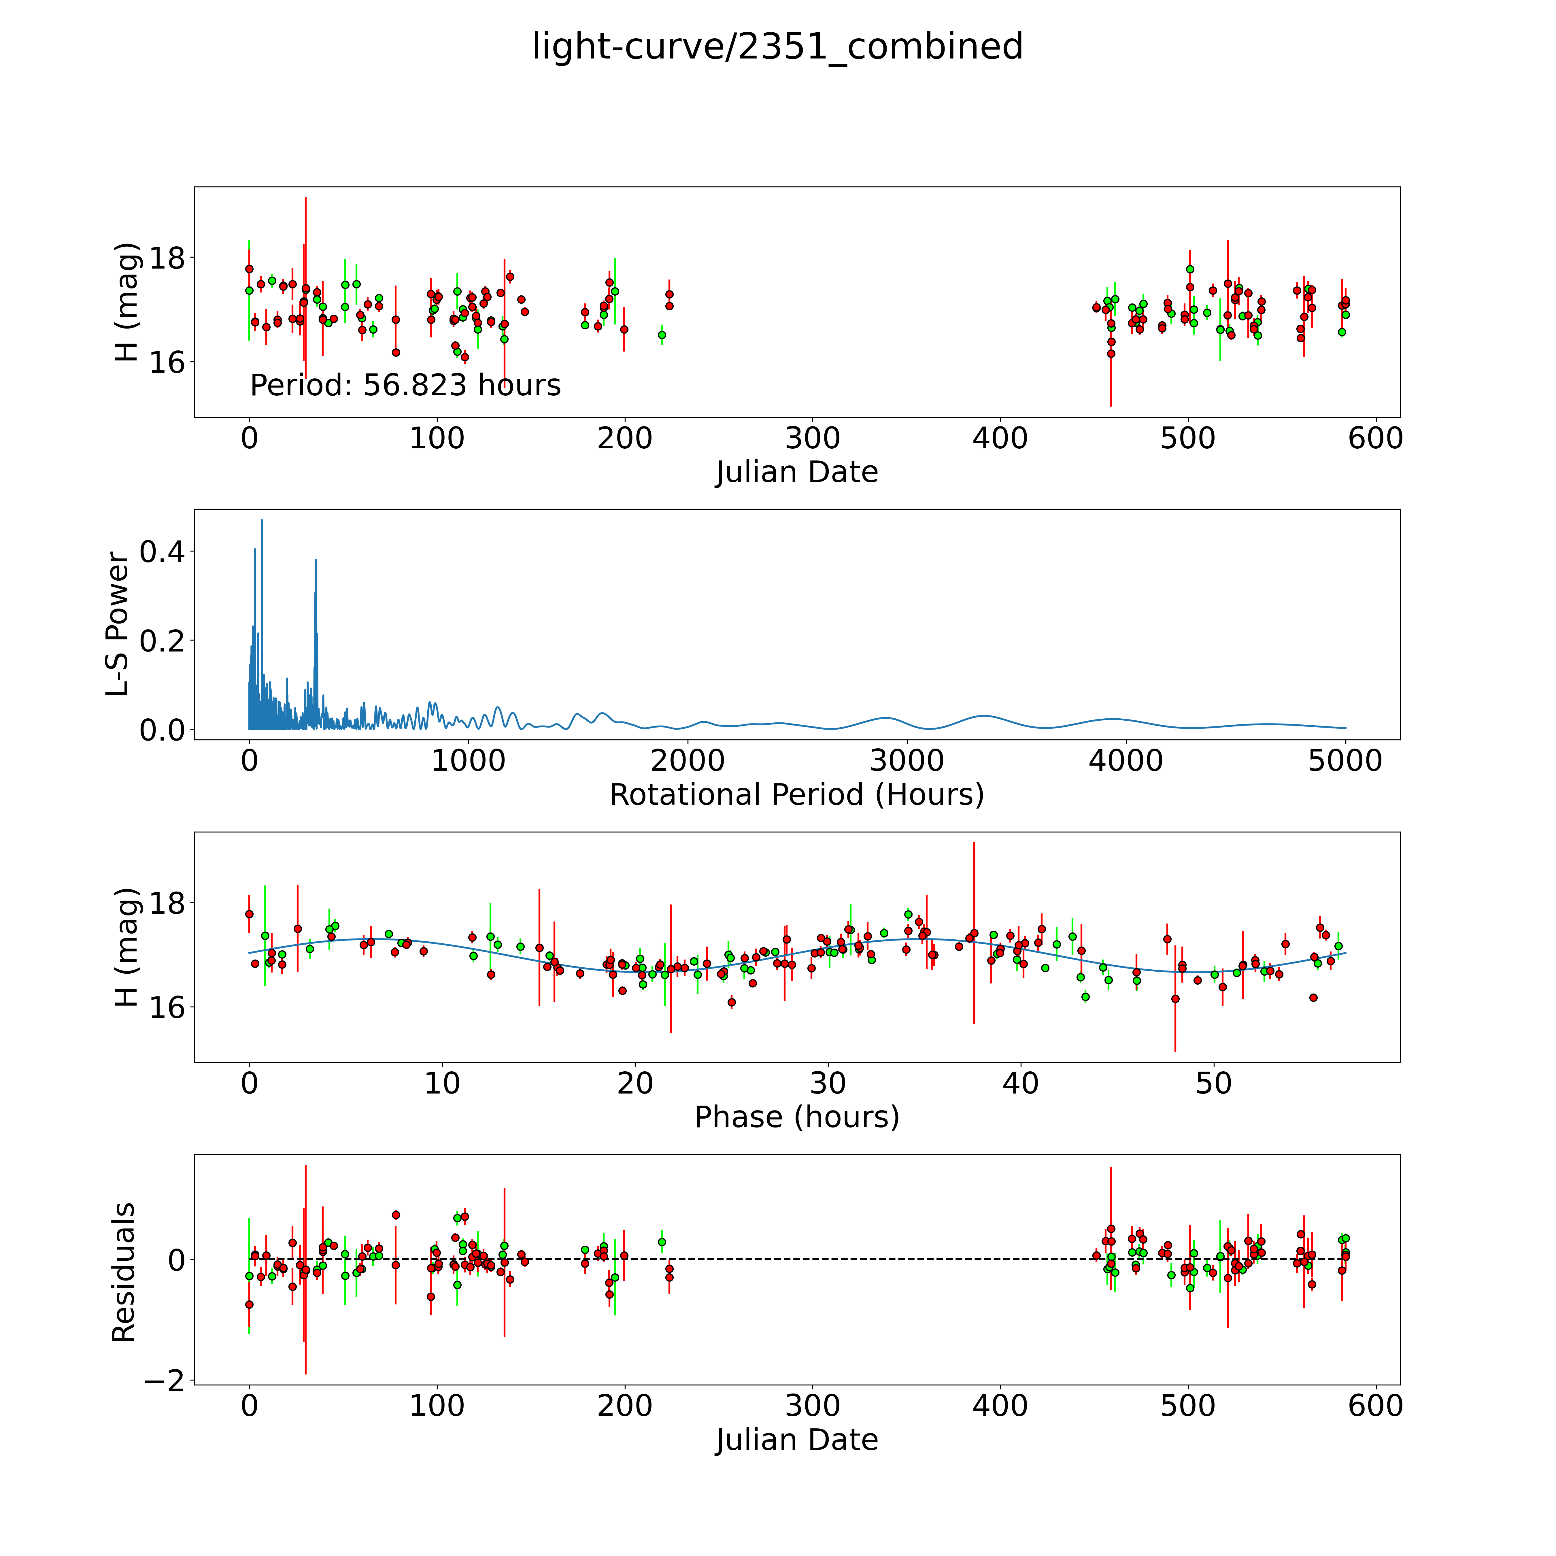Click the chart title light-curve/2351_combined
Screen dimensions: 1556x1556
tap(777, 47)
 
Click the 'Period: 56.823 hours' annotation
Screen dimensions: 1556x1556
tap(405, 386)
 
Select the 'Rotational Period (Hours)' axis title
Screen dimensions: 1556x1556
tap(796, 795)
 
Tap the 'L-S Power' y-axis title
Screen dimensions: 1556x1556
tap(118, 624)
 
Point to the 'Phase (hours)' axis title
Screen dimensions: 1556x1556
tap(796, 1117)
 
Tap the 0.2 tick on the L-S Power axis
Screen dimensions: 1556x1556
tap(162, 641)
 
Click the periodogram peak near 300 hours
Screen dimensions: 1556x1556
tap(316, 560)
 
